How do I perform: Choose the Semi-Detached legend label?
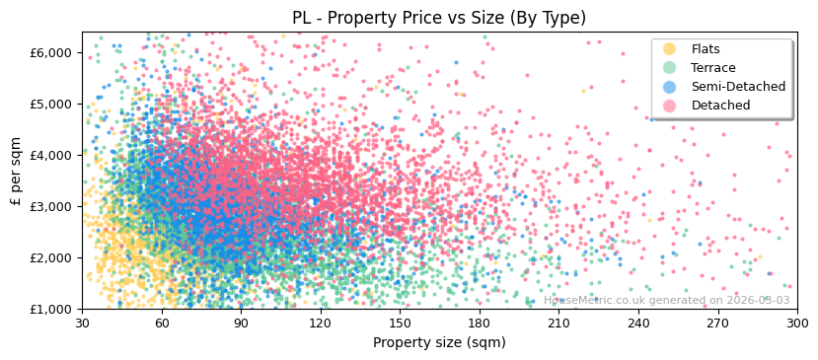(x=738, y=87)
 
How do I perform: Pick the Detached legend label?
(x=720, y=106)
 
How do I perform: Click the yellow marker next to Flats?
(x=670, y=49)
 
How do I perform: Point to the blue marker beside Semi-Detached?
(x=670, y=87)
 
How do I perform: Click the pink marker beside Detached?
(x=670, y=106)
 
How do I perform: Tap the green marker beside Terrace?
(x=670, y=68)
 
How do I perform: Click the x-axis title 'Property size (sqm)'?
(x=438, y=343)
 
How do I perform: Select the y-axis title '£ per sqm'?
(x=16, y=171)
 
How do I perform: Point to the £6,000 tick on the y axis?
(x=52, y=52)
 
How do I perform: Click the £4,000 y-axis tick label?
(x=52, y=155)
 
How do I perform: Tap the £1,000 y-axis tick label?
(x=52, y=309)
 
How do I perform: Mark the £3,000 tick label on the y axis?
(x=52, y=206)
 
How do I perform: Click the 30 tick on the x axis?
(x=82, y=323)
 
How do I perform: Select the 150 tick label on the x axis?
(x=400, y=323)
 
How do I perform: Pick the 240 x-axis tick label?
(x=638, y=323)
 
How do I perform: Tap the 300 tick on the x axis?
(x=796, y=323)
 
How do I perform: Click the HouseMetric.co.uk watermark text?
(x=666, y=301)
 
